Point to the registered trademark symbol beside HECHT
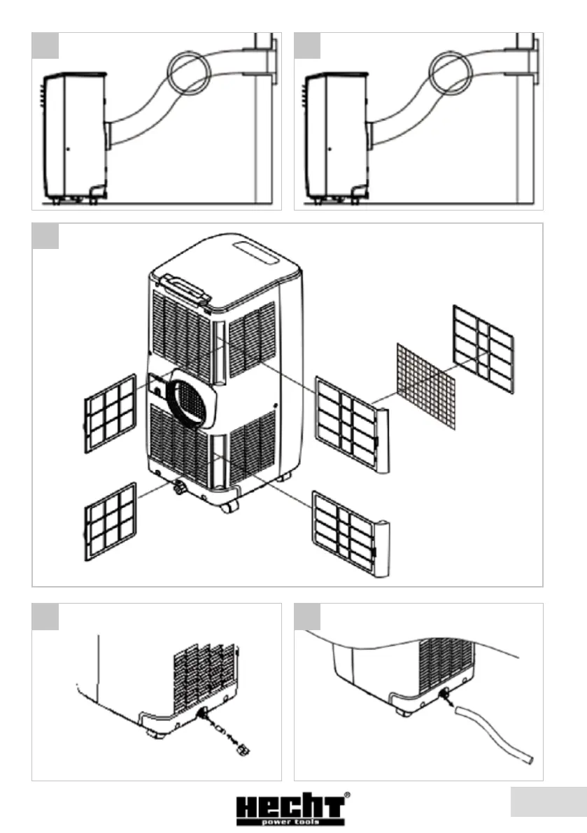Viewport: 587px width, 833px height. point(348,796)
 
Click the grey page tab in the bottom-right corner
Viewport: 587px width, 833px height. point(548,802)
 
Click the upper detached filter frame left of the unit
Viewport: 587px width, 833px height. point(110,413)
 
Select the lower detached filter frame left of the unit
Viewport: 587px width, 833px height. point(110,521)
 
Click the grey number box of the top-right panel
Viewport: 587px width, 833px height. point(307,45)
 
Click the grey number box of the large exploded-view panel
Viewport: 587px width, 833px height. point(45,236)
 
